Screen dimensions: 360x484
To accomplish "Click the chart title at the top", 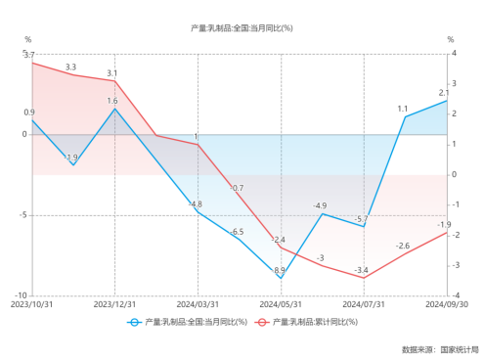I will coord(242,27).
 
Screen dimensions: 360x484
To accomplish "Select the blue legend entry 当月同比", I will coord(192,321).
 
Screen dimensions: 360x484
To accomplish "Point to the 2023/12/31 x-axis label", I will coord(115,304).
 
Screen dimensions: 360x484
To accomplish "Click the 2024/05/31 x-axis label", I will coord(282,304).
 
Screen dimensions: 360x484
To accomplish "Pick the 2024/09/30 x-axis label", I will coord(447,304).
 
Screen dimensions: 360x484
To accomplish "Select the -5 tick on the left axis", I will coord(22,214).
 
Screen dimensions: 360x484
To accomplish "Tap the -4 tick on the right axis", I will coord(453,294).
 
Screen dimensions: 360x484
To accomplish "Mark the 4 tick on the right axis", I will coord(452,54).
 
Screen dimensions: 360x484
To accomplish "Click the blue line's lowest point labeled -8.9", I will coord(282,278).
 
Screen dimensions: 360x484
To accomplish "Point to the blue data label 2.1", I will coord(444,93).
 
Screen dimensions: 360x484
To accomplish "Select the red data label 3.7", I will coord(29,56).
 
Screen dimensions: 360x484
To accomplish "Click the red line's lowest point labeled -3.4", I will coord(364,278).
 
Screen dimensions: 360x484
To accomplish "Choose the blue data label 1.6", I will coord(112,101).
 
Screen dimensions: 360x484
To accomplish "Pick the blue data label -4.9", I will coord(320,205).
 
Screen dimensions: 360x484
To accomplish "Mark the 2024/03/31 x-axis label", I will coord(198,304).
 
